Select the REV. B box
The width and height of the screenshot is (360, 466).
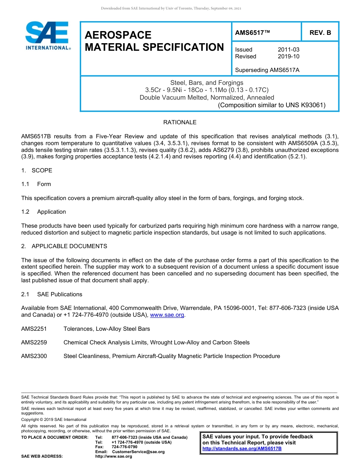tap(320, 33)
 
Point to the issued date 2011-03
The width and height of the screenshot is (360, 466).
tap(288, 50)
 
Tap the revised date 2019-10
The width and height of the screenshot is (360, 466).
tap(288, 56)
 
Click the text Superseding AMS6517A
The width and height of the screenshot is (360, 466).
tap(267, 70)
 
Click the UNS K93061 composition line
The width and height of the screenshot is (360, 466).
tap(271, 105)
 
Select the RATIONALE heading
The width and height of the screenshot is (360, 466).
tap(180, 122)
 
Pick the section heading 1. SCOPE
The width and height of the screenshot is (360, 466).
tap(37, 170)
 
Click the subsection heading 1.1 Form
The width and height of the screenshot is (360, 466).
tap(36, 184)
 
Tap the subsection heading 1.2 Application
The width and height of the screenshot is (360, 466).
tap(44, 212)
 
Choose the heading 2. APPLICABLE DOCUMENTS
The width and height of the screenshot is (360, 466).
tap(64, 246)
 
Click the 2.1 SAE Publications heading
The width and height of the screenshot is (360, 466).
tap(52, 294)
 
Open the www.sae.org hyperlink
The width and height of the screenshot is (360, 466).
tap(167, 315)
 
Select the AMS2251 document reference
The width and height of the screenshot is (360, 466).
tap(34, 329)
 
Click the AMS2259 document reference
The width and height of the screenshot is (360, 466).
tap(34, 342)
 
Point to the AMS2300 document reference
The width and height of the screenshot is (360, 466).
tap(34, 356)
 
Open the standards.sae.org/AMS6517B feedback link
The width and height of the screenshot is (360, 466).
tap(242, 449)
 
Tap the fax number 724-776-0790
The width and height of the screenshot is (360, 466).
tap(125, 447)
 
